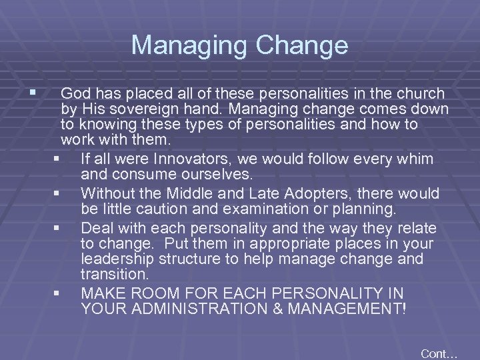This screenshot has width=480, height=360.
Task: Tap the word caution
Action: [159, 210]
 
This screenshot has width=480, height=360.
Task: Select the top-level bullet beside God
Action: [25, 91]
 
